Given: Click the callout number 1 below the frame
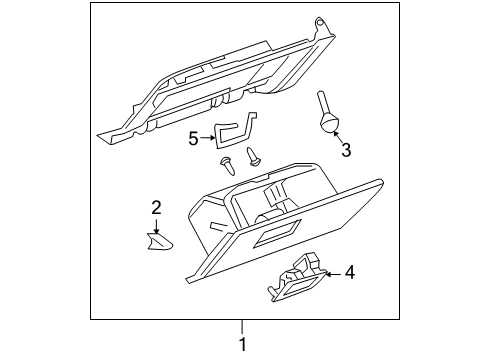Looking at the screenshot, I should coord(241,345).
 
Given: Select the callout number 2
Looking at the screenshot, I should coord(157,208).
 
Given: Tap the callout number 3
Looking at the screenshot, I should coord(346,151).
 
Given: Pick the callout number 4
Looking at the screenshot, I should coord(349,271).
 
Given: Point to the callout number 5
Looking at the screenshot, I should coord(193,140).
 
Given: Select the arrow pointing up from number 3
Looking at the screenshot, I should coord(337,138).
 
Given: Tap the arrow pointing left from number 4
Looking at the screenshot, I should coord(332,271).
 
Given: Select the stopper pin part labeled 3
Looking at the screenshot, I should coord(325,110).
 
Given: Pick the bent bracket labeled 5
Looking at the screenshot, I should coord(233,132).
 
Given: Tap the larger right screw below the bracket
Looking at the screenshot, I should coord(252,154).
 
